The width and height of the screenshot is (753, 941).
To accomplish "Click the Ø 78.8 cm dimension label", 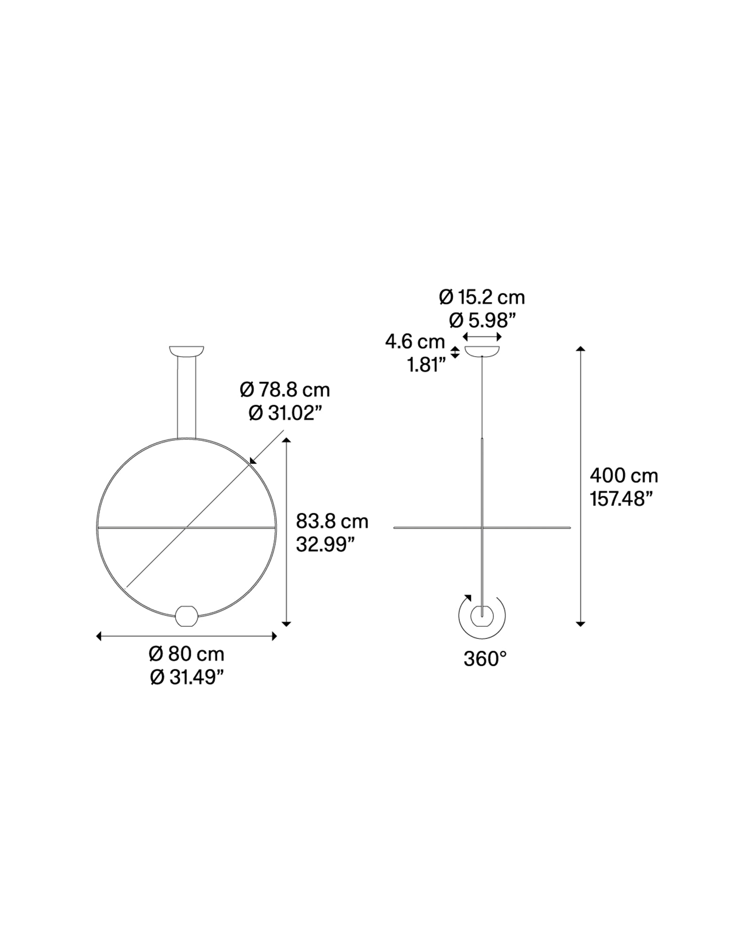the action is (285, 390).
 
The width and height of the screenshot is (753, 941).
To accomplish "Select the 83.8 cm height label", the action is (332, 521).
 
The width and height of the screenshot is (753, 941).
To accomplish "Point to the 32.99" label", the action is (325, 544).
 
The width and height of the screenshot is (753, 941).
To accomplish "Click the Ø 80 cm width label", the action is (187, 654).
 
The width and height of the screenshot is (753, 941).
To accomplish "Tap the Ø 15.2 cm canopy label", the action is (482, 297).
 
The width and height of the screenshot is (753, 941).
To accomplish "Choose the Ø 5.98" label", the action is (482, 320).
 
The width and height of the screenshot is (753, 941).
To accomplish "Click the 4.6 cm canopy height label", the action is (415, 342).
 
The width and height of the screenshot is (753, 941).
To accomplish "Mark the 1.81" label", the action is (426, 365).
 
